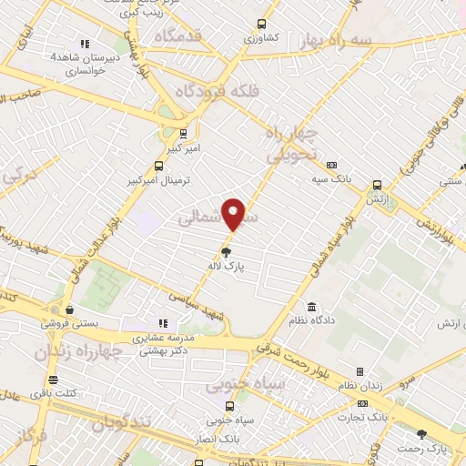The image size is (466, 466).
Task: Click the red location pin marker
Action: tap(234, 213)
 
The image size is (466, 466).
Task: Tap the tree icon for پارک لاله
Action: tap(226, 251)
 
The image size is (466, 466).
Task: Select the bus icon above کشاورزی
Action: tap(262, 25)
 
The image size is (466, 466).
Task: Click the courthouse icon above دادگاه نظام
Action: tap(311, 306)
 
